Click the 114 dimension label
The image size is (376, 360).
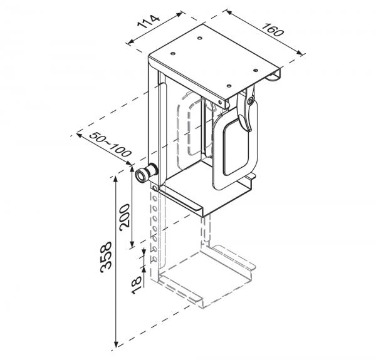tap(148, 21)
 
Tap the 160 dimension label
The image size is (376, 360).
tap(273, 29)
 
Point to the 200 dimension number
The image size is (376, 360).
tap(125, 217)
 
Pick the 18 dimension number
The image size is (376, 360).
tap(137, 285)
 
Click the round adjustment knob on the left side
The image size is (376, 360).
tap(145, 173)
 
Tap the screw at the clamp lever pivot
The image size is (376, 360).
tap(251, 101)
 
